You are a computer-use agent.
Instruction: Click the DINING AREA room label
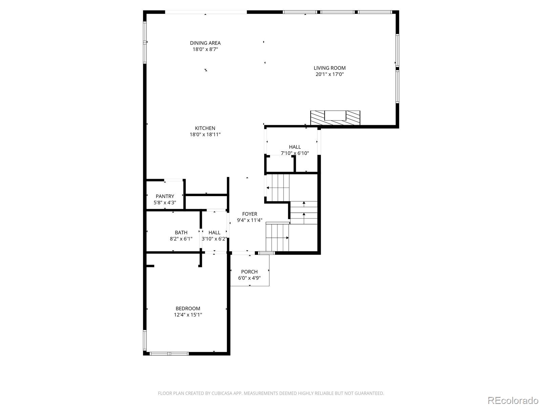click(205, 43)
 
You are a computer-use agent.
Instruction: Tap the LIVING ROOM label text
click(330, 68)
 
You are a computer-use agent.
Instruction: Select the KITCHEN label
click(205, 128)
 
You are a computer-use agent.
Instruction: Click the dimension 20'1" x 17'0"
click(330, 74)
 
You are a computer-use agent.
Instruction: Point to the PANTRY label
click(165, 196)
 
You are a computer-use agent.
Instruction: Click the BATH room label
click(181, 233)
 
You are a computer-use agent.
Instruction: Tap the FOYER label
click(250, 214)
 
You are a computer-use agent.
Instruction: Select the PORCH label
click(249, 272)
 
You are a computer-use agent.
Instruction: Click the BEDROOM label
click(188, 309)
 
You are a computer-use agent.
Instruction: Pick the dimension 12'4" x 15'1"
click(188, 315)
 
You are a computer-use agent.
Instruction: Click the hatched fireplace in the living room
click(335, 118)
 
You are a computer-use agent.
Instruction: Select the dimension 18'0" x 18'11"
click(205, 135)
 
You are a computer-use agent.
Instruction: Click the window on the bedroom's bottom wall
click(169, 353)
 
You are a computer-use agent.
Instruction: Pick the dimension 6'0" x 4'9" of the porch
click(249, 278)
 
